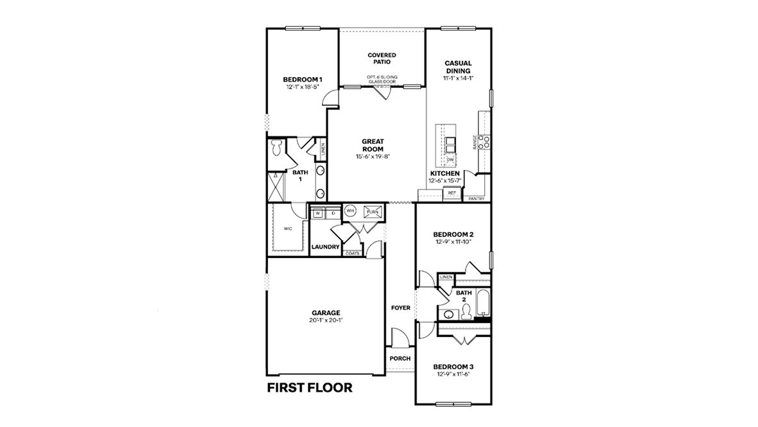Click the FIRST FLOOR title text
click(309, 388)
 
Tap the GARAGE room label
click(326, 313)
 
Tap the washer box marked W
click(317, 213)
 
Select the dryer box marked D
click(333, 213)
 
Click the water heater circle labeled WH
click(350, 211)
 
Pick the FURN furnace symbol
click(373, 211)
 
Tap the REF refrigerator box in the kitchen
click(452, 193)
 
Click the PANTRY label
click(476, 199)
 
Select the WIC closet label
click(289, 228)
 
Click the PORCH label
click(400, 358)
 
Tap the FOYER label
click(401, 308)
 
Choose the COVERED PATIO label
click(382, 58)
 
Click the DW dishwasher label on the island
click(450, 159)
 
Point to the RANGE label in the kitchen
click(475, 142)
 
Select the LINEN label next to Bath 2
click(446, 277)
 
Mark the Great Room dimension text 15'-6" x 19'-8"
click(373, 157)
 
